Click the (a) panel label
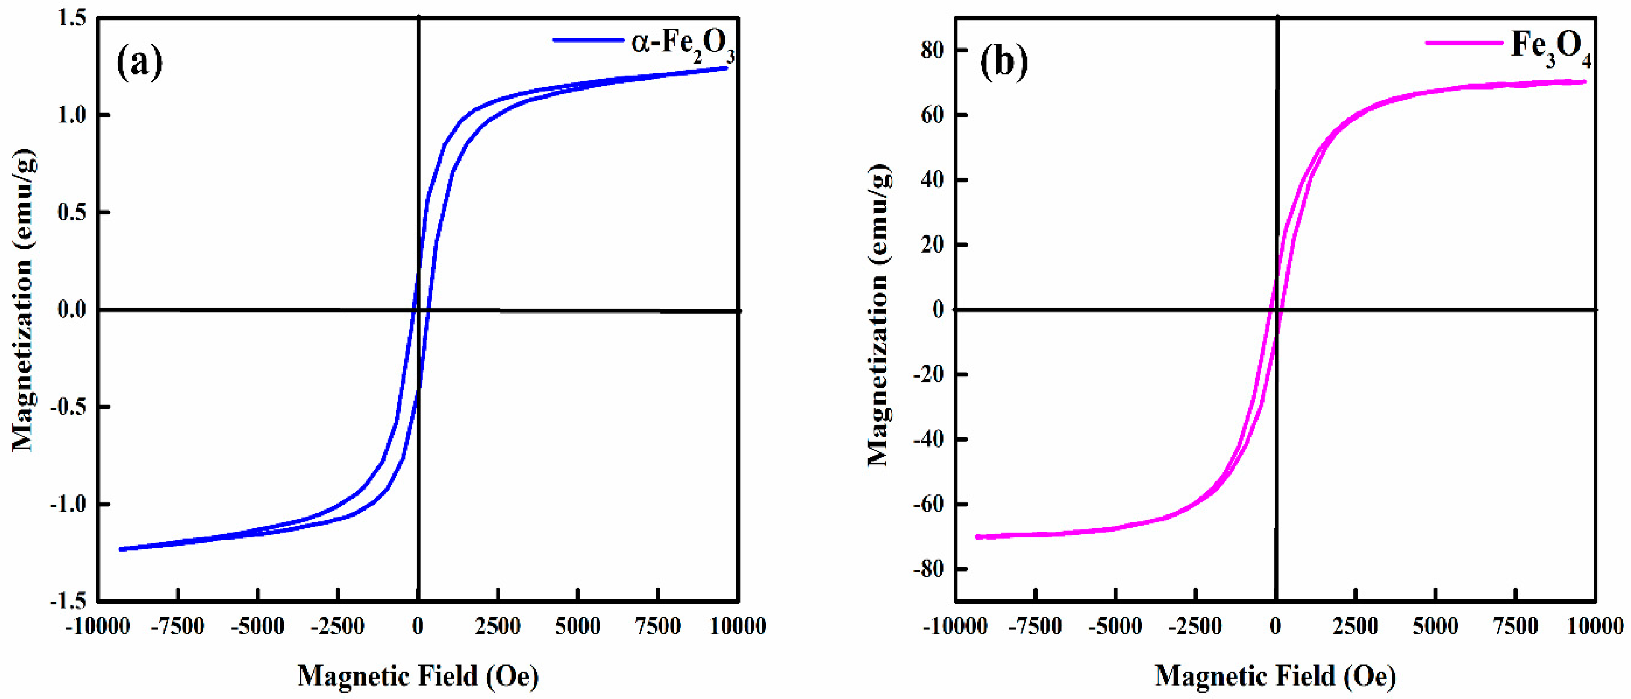[139, 62]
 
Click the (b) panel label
[1004, 62]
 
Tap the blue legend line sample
[588, 41]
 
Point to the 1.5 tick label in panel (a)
[71, 18]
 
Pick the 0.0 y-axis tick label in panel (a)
[71, 309]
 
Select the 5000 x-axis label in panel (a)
[578, 627]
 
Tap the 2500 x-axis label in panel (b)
[1355, 627]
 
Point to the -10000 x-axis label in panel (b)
[955, 627]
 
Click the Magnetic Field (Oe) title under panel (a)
[418, 676]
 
